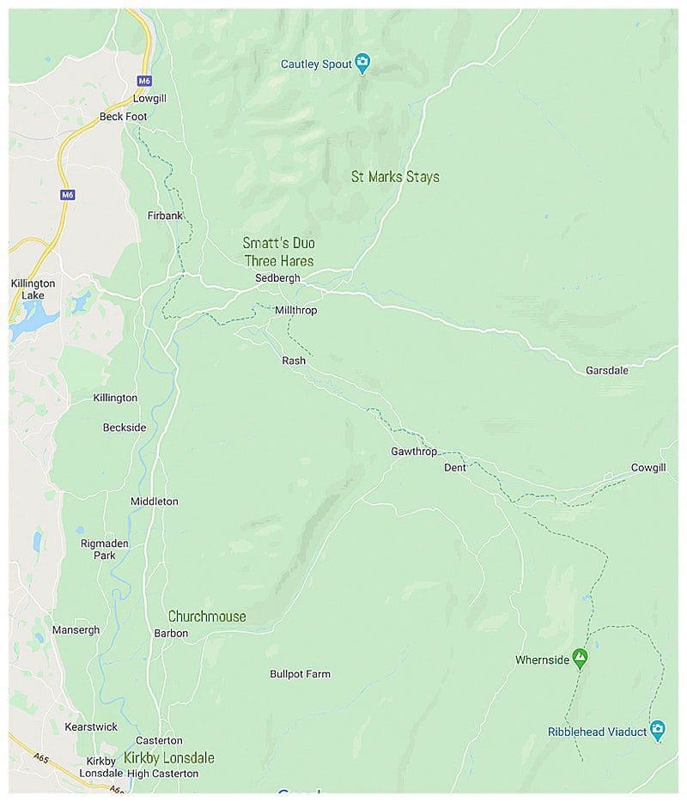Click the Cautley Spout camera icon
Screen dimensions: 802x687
pos(362,62)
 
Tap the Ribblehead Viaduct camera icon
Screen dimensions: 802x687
pos(657,730)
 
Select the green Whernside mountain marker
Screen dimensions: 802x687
pos(581,659)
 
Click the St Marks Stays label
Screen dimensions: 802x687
pos(395,177)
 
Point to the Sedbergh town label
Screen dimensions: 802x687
pos(277,278)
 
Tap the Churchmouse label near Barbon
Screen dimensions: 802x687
pos(207,617)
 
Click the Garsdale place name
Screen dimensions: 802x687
pos(607,371)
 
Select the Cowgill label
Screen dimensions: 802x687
pos(648,467)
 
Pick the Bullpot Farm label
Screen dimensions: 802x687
pos(300,675)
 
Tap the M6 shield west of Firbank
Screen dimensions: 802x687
pos(68,195)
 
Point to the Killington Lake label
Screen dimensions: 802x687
pos(33,289)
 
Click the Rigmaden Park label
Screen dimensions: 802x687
pos(104,549)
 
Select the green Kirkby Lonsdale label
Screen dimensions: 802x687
pos(168,758)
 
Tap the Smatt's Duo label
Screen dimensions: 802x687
pos(278,244)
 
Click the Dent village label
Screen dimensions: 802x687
pos(454,468)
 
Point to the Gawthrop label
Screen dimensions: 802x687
pos(414,452)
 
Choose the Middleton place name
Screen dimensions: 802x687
pos(155,501)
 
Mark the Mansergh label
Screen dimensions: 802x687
pos(76,630)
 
